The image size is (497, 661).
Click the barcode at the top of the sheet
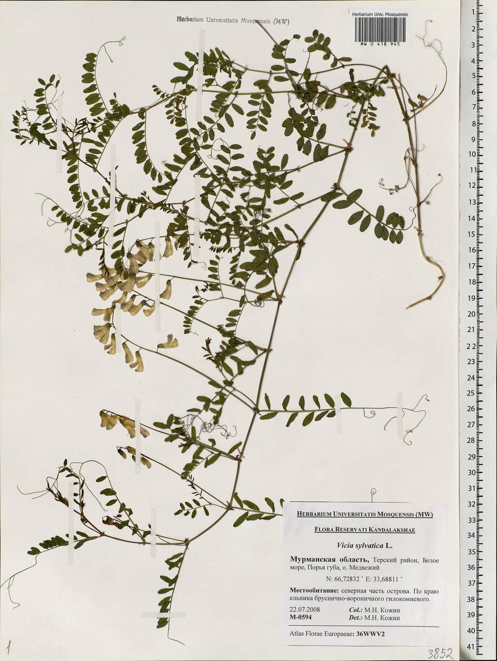pyautogui.click(x=379, y=30)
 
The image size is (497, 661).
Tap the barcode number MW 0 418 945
pyautogui.click(x=379, y=45)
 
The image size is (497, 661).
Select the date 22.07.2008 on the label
pyautogui.click(x=305, y=609)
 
